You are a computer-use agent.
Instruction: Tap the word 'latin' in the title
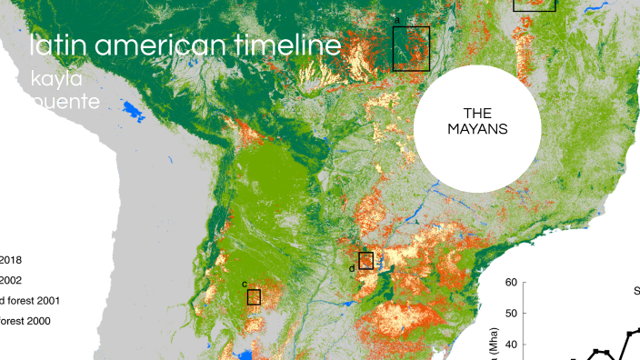tap(55, 46)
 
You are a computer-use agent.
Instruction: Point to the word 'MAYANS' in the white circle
tap(477, 129)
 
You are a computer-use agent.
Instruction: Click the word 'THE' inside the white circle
tap(477, 114)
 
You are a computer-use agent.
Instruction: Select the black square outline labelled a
tap(411, 48)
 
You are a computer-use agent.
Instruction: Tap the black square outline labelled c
tap(254, 297)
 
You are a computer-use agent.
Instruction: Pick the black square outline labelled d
tap(365, 260)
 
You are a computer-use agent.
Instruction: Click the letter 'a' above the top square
tap(397, 19)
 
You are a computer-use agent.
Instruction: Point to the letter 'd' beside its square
tap(352, 268)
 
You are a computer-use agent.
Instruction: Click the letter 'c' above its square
tap(244, 284)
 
